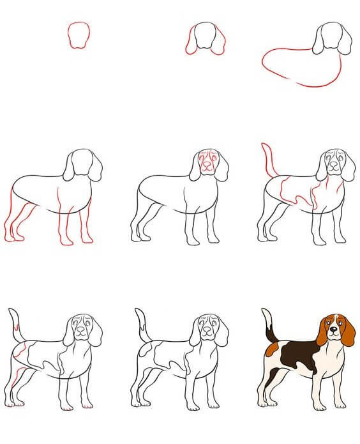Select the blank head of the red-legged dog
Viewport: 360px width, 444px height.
[x=82, y=164]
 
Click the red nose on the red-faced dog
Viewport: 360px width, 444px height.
[x=207, y=168]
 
